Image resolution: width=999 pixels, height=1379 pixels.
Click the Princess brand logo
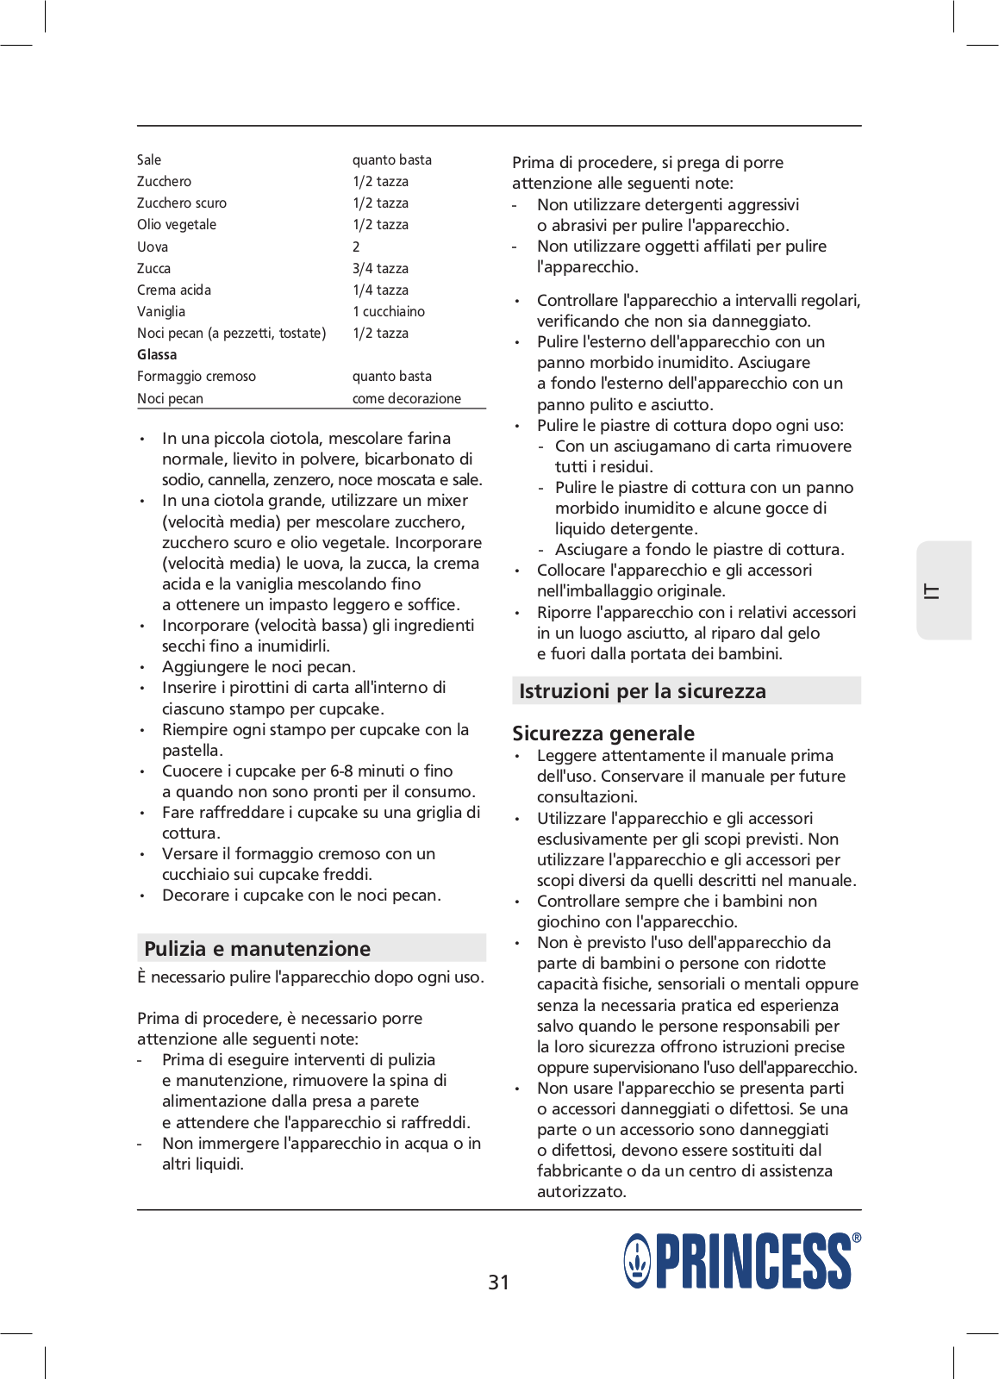[x=741, y=1261]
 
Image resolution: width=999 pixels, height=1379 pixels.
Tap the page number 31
[x=498, y=1282]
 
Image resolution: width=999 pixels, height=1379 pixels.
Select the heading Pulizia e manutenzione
[x=257, y=949]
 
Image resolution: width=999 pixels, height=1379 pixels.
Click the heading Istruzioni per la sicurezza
[x=642, y=691]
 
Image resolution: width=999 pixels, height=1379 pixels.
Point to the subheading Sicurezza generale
[x=603, y=733]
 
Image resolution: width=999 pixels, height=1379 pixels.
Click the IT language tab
[x=933, y=591]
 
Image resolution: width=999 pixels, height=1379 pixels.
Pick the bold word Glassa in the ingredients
[x=157, y=355]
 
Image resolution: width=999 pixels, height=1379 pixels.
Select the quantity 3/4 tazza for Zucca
[x=380, y=269]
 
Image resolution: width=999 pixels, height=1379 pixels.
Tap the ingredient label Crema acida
[x=174, y=290]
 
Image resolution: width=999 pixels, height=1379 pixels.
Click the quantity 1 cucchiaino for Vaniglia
[x=388, y=312]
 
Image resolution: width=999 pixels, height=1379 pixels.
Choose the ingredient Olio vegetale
[x=177, y=225]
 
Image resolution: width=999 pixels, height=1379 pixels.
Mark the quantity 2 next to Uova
[x=356, y=247]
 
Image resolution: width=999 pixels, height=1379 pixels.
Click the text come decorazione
[x=406, y=399]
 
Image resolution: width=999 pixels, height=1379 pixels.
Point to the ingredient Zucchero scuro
[x=182, y=203]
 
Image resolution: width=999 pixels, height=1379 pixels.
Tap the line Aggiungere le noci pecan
[x=259, y=667]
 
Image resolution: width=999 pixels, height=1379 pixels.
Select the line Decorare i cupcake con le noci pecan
[x=302, y=895]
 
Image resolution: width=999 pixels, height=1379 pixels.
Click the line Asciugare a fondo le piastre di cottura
[x=699, y=550]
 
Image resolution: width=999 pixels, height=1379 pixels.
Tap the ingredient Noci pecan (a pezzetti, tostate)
[x=231, y=334]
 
